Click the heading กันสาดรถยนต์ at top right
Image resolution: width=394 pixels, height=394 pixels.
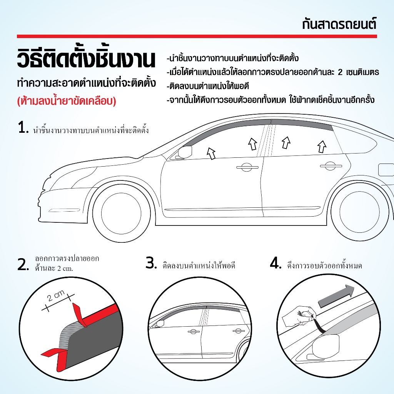pos(339,24)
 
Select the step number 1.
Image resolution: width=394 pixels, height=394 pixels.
pos(23,128)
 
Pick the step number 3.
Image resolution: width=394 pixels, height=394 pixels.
pos(151,264)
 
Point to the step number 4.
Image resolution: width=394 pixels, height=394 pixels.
pos(276,264)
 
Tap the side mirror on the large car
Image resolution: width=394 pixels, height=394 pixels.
pos(184,152)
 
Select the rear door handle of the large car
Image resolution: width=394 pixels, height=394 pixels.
pos(328,166)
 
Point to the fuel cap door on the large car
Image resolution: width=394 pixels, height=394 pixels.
pos(386,169)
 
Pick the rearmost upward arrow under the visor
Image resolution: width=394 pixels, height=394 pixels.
pos(322,146)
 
